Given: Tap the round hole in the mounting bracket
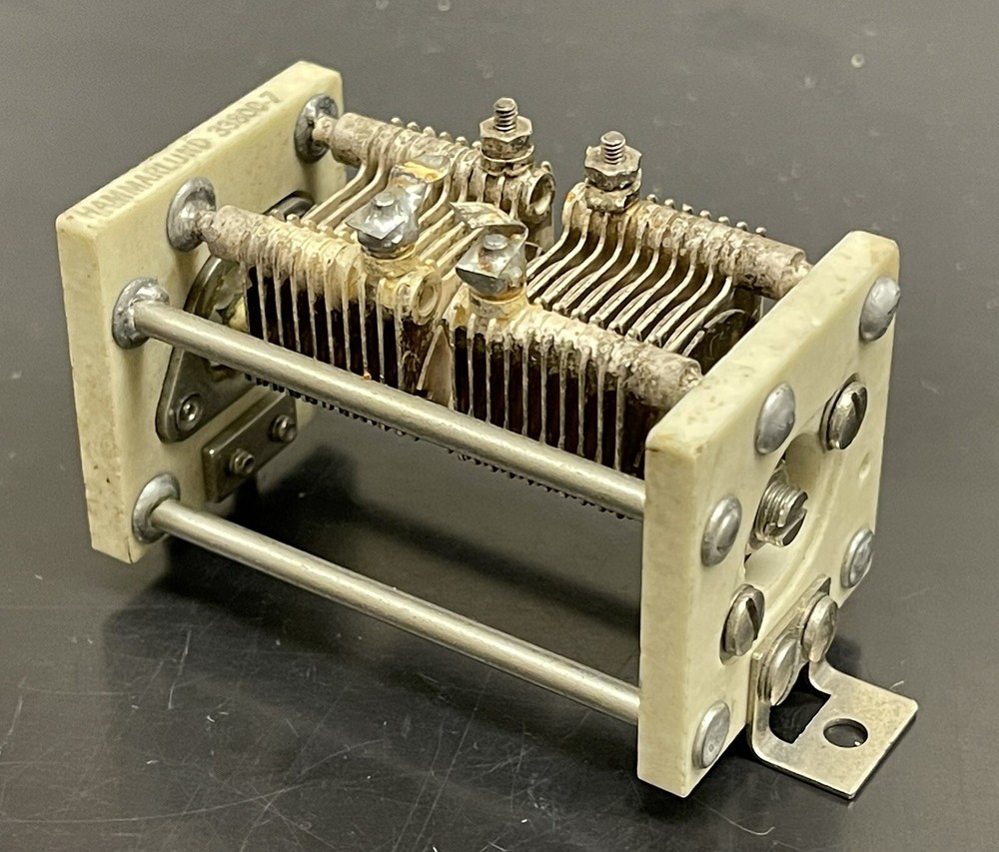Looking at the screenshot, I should click(844, 733).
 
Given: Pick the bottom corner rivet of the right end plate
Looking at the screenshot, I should click(711, 735).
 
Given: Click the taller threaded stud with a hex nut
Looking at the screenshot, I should click(505, 125).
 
